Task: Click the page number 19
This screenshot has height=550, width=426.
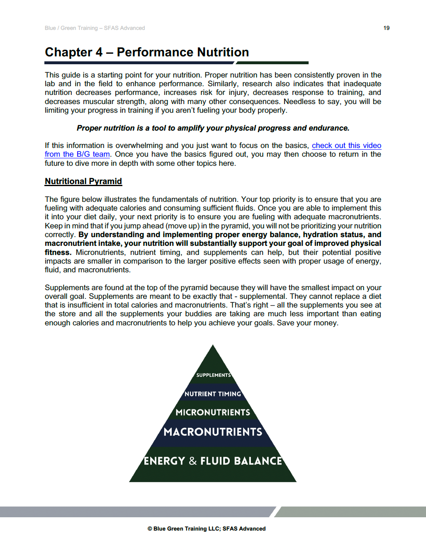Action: click(386, 28)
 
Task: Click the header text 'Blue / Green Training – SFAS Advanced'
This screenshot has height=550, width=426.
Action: click(95, 28)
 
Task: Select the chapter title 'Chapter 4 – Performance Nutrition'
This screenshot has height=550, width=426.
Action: click(147, 52)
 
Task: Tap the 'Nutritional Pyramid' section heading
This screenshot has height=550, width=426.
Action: click(83, 181)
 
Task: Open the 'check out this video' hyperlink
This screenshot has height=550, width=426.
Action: click(346, 145)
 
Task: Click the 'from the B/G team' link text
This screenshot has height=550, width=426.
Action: click(77, 154)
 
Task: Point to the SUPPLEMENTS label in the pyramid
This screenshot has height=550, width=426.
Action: click(213, 375)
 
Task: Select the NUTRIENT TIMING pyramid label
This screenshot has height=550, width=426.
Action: click(213, 394)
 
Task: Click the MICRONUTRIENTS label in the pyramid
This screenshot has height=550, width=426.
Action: click(213, 412)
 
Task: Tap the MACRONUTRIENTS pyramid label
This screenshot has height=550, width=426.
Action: click(213, 432)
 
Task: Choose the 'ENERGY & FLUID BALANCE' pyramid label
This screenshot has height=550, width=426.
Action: click(213, 461)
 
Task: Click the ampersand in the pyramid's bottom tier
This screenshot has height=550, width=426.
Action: click(193, 461)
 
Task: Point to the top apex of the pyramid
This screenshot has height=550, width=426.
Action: click(213, 346)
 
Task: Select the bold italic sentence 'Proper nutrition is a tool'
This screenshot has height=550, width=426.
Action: click(213, 128)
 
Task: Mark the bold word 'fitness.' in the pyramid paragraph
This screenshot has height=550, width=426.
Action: click(58, 252)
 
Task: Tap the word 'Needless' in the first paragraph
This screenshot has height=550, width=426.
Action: click(299, 102)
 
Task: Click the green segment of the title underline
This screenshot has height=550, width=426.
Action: click(272, 63)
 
